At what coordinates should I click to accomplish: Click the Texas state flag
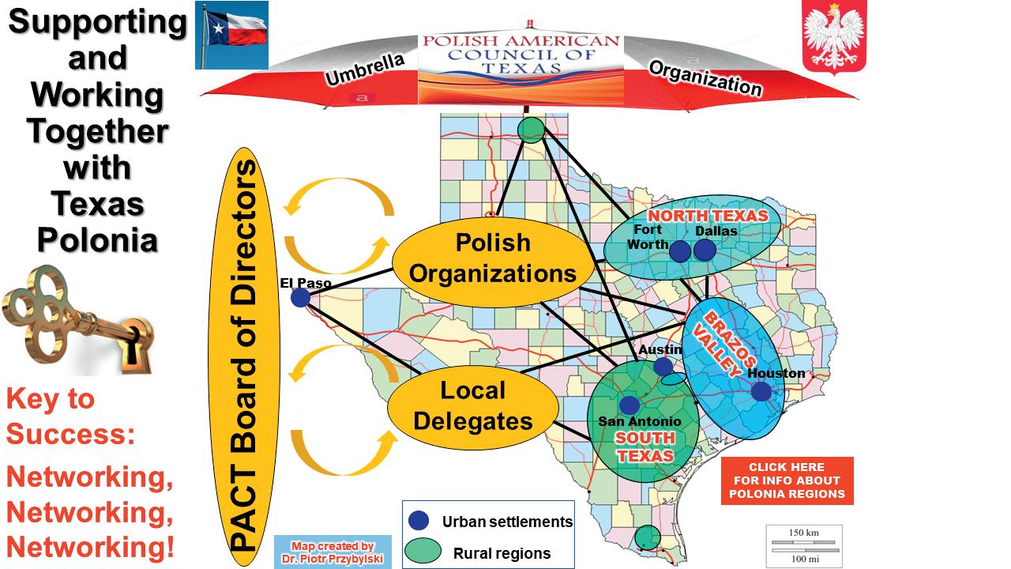[231, 35]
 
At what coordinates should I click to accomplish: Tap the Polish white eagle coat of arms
[829, 37]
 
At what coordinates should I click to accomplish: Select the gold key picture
[77, 318]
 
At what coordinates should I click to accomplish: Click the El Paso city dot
[300, 297]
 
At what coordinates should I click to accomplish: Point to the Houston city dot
[761, 391]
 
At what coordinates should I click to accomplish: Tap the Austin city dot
[663, 366]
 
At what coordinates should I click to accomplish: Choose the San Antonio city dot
[630, 405]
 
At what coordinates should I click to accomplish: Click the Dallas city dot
[705, 250]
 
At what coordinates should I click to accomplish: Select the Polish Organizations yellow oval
[493, 258]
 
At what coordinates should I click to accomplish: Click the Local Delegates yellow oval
[473, 405]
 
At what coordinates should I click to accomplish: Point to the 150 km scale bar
[803, 540]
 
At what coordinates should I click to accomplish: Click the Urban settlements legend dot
[419, 521]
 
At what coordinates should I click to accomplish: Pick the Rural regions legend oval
[423, 551]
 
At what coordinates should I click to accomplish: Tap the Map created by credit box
[333, 552]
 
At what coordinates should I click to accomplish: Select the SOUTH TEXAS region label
[645, 447]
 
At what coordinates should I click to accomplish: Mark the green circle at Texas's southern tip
[648, 537]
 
